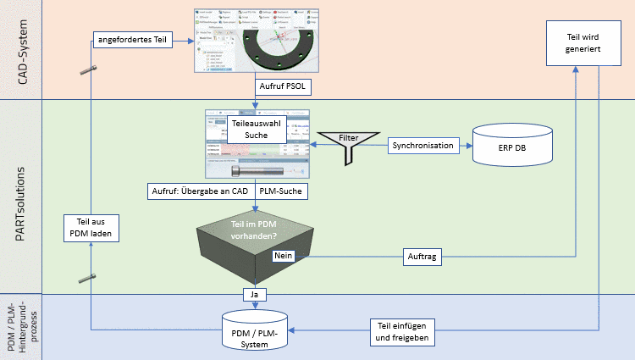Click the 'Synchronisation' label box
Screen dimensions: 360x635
(423, 146)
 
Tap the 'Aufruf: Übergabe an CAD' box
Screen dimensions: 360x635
(200, 191)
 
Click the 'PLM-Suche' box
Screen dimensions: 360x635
(281, 191)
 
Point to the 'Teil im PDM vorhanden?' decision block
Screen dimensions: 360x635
(255, 241)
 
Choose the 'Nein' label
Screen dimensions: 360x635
(284, 254)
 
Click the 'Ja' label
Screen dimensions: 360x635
(253, 295)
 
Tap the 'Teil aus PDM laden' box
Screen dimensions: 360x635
(91, 228)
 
